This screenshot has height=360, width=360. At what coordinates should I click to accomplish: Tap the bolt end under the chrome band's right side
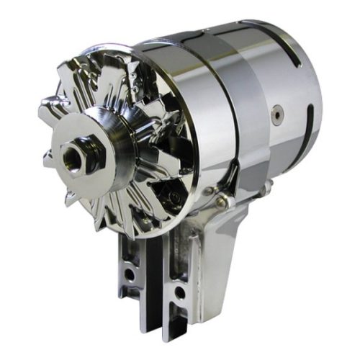267,188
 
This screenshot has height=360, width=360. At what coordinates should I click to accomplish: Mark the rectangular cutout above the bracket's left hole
130,248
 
